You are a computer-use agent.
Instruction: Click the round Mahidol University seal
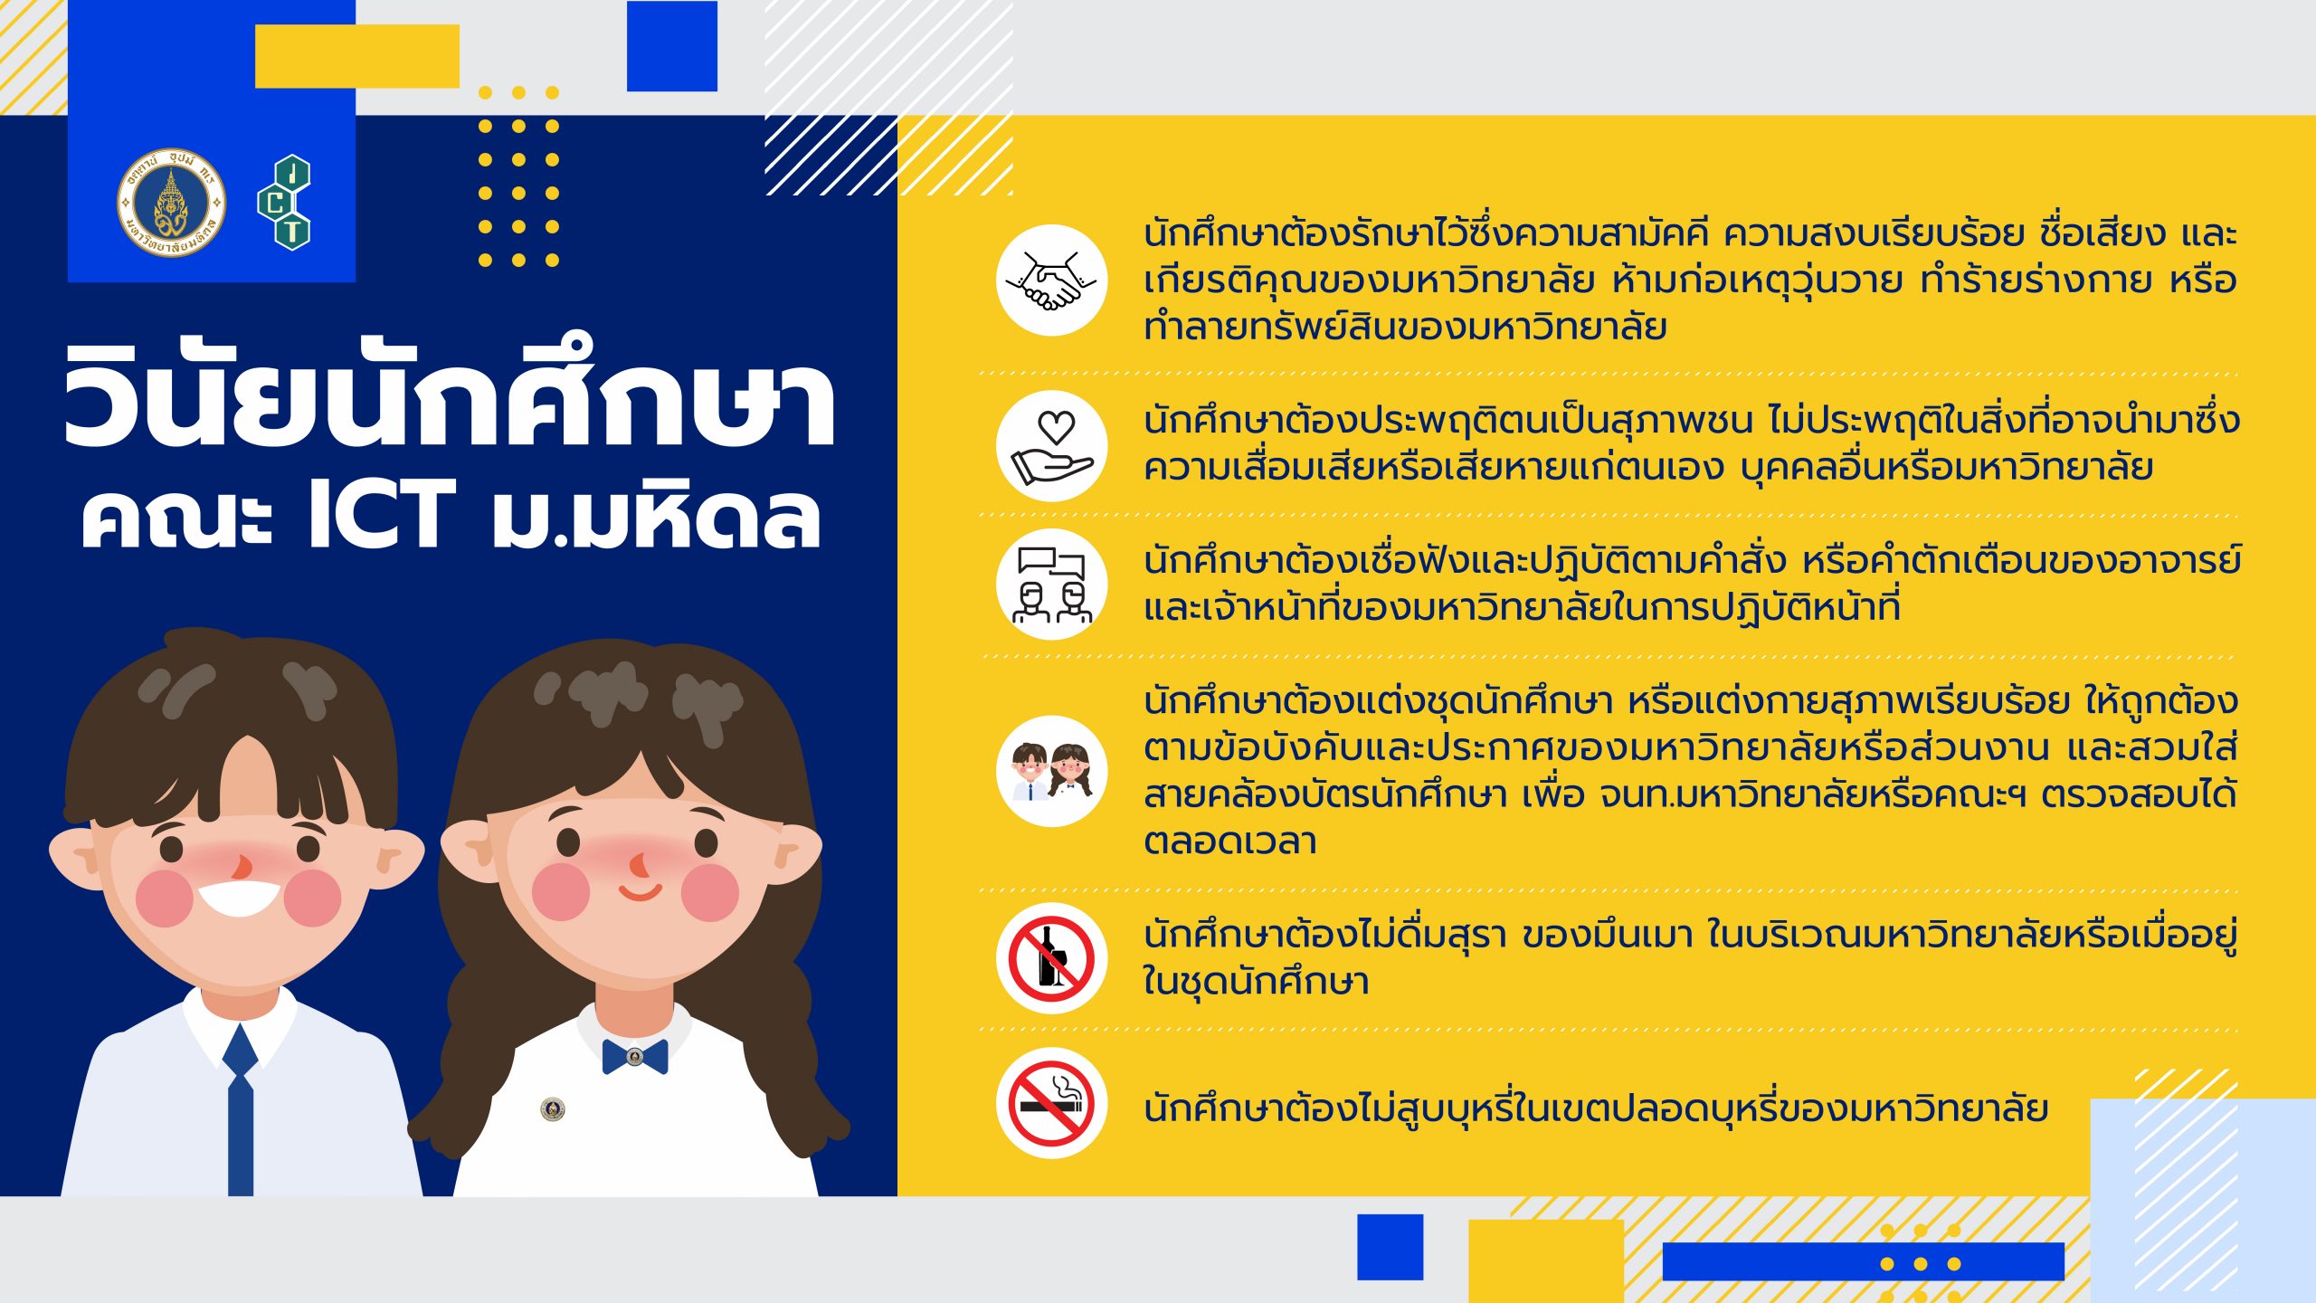tap(171, 203)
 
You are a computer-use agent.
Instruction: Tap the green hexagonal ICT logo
tap(285, 202)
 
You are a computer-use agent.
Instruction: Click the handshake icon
tap(1051, 281)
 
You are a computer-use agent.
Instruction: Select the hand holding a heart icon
tap(1051, 446)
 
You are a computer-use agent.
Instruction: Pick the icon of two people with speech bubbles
tap(1051, 585)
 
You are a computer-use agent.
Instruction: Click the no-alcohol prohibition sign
tap(1051, 958)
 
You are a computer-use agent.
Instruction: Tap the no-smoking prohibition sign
tap(1051, 1104)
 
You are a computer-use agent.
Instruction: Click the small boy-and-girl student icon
tap(1051, 771)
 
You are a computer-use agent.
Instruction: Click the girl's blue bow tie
tap(635, 1056)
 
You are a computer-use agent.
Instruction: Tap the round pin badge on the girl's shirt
tap(552, 1109)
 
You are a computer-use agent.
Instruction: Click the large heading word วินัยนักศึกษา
tap(450, 395)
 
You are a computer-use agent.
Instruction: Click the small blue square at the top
tap(672, 46)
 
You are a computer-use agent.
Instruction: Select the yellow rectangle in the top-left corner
tap(357, 56)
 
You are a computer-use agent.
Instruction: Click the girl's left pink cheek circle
tap(561, 892)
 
